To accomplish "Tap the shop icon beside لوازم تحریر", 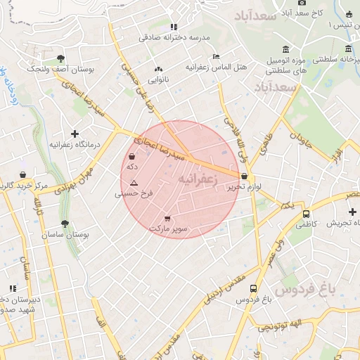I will point(244,176).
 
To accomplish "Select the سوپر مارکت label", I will point(168,229).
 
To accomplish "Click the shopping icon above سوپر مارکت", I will point(167,218).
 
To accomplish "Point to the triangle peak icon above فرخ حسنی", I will point(134,182).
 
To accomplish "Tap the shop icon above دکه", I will point(132,156).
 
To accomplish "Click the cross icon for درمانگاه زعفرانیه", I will point(75,133).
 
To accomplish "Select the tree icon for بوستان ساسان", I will point(65,224).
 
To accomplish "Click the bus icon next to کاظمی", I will point(306,214).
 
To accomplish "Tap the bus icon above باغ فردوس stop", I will point(253,288).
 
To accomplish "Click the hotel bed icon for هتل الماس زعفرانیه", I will point(216,56).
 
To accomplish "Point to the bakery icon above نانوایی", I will point(157,69).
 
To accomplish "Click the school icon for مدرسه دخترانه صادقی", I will point(173,27).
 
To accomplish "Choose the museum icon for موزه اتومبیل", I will point(285,49).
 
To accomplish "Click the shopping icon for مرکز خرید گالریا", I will point(22,174).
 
